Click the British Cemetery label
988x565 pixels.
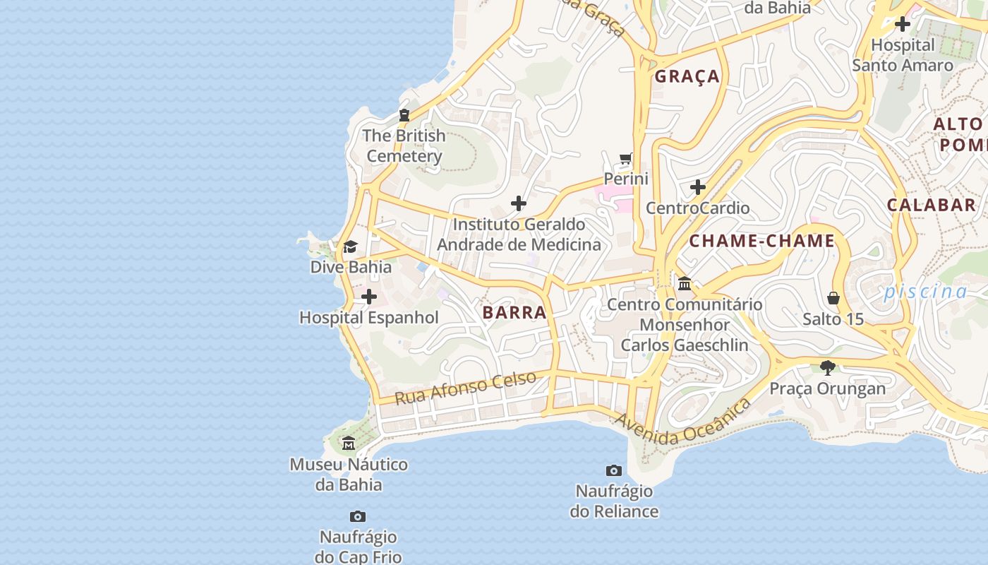pyautogui.click(x=404, y=146)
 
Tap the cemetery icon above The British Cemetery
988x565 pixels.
pyautogui.click(x=404, y=115)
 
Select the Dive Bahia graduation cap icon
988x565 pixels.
pyautogui.click(x=350, y=246)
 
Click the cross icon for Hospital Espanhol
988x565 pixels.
pyautogui.click(x=368, y=297)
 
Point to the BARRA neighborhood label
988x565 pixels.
pyautogui.click(x=514, y=313)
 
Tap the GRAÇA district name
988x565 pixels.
pyautogui.click(x=687, y=76)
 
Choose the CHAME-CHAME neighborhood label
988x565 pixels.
pyautogui.click(x=762, y=241)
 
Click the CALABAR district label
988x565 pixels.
pyautogui.click(x=931, y=206)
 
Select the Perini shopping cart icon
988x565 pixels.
pyautogui.click(x=625, y=158)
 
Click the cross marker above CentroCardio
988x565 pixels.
pyautogui.click(x=698, y=187)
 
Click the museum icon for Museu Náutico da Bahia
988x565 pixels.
pyautogui.click(x=349, y=444)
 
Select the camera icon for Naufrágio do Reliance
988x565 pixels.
pyautogui.click(x=614, y=470)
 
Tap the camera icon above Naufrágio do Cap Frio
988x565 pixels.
pyautogui.click(x=358, y=517)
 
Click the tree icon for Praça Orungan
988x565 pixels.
pyautogui.click(x=828, y=367)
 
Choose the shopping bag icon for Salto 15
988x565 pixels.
pyautogui.click(x=833, y=298)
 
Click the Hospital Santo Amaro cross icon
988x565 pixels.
pyautogui.click(x=902, y=24)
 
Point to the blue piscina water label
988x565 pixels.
pyautogui.click(x=925, y=291)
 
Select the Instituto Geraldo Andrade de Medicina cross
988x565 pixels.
pyautogui.click(x=519, y=203)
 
